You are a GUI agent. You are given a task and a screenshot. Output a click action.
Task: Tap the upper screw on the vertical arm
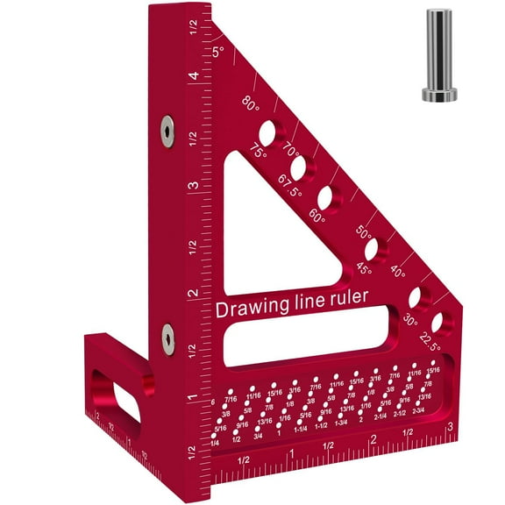[x=166, y=131]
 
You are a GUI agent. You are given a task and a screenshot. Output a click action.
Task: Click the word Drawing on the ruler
[x=255, y=309]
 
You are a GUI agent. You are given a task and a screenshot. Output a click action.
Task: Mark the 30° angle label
[x=408, y=321]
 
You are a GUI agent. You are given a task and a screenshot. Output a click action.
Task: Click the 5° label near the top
[x=219, y=52]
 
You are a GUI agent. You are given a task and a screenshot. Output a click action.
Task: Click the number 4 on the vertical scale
[x=191, y=76]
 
